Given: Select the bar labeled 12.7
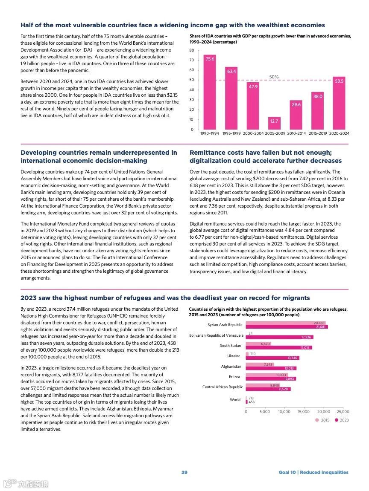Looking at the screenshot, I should click(274, 123).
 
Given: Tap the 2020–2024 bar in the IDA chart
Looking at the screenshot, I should click(339, 103).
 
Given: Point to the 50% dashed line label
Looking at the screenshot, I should click(274, 77).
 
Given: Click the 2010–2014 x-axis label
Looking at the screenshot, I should click(296, 133).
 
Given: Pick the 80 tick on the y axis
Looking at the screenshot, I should click(192, 50).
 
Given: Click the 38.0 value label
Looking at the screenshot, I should click(317, 97).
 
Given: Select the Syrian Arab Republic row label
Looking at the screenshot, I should click(225, 325).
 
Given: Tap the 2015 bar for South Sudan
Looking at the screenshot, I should click(258, 344).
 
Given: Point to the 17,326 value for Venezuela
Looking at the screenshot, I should click(306, 337).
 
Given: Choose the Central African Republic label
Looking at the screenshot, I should click(223, 387).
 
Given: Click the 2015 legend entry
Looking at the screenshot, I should click(322, 420).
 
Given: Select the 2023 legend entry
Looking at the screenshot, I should click(342, 420).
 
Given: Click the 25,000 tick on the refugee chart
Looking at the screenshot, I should click(343, 412).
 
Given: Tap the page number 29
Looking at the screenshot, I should click(184, 472).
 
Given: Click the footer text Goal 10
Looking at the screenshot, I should click(287, 472).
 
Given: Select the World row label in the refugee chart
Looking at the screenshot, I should click(235, 400).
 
